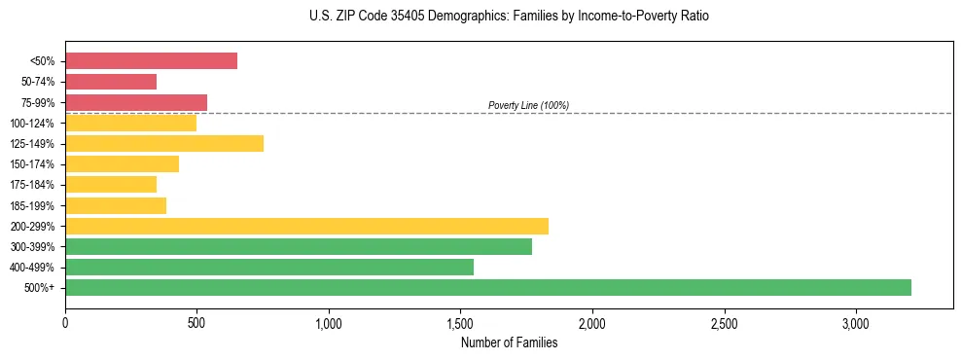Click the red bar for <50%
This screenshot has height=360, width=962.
click(x=151, y=60)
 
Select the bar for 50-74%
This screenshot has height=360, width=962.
click(x=111, y=82)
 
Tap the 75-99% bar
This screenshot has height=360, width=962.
click(x=136, y=102)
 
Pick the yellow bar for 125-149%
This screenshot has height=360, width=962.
click(x=164, y=143)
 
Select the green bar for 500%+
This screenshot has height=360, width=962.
click(x=488, y=287)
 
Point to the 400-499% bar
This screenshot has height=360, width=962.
click(x=269, y=267)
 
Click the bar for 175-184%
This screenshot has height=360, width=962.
click(x=111, y=184)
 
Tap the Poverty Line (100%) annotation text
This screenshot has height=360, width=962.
click(x=528, y=105)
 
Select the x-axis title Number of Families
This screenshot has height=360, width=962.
click(x=509, y=342)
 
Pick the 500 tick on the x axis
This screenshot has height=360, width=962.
click(x=196, y=322)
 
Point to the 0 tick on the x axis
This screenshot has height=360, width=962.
click(x=65, y=322)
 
